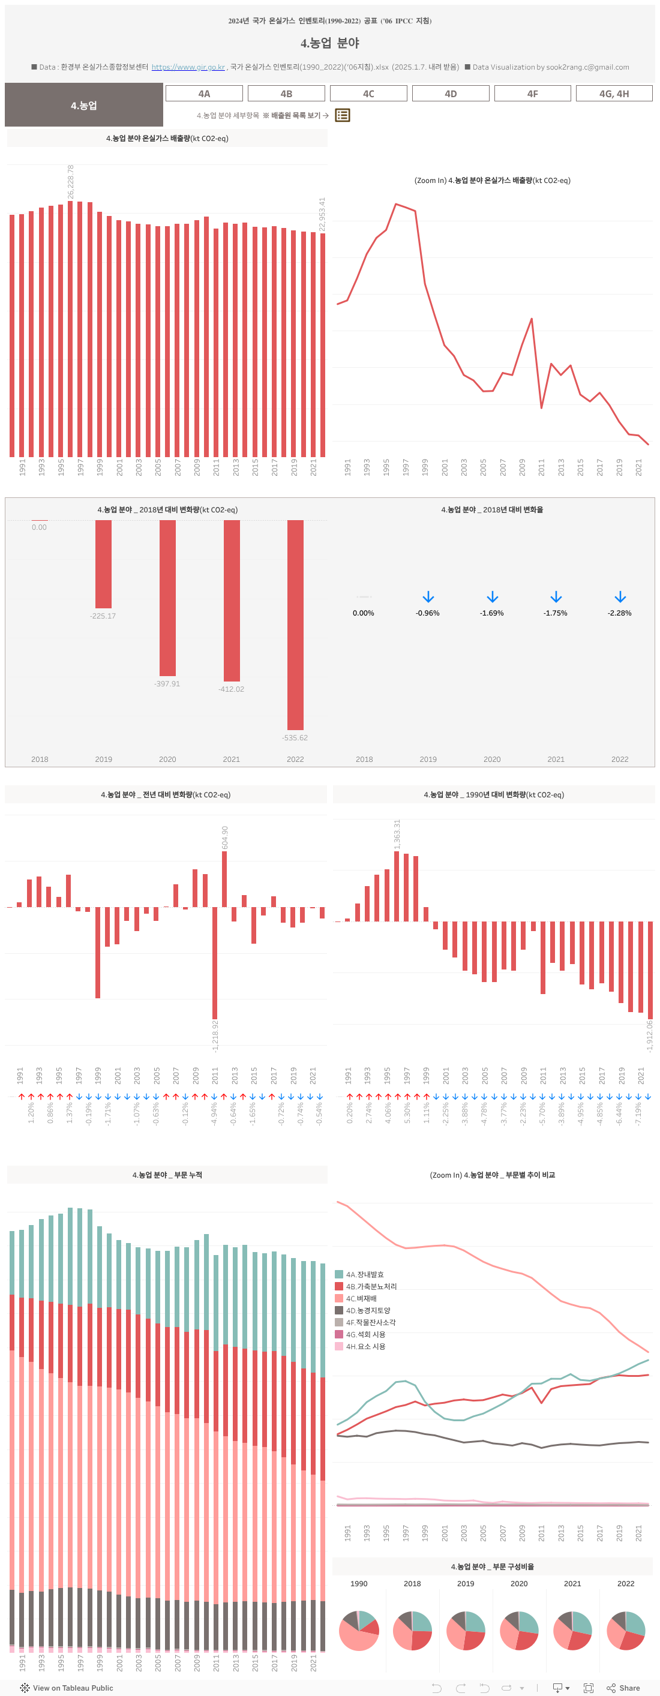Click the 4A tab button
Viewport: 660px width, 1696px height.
tap(204, 94)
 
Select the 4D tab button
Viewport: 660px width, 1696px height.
tap(451, 94)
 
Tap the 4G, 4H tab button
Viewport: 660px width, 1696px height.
tap(614, 94)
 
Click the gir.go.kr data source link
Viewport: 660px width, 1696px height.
tap(188, 67)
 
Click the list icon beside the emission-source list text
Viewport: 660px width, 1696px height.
tap(343, 115)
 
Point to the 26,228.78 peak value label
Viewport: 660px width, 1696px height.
tap(70, 182)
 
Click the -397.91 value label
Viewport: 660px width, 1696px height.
tap(167, 683)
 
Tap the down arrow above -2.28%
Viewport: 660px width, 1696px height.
tap(620, 597)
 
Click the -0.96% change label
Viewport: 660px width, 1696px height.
tap(427, 613)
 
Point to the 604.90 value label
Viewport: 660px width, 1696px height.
tap(224, 837)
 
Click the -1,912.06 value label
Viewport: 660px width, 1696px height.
tap(649, 1035)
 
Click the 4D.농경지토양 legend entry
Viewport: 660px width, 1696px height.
tap(368, 1310)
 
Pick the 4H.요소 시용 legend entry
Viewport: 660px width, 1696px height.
tap(365, 1346)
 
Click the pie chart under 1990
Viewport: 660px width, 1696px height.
tap(359, 1630)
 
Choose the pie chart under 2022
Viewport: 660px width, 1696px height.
tap(626, 1630)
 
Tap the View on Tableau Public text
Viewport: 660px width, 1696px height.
tap(73, 1688)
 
